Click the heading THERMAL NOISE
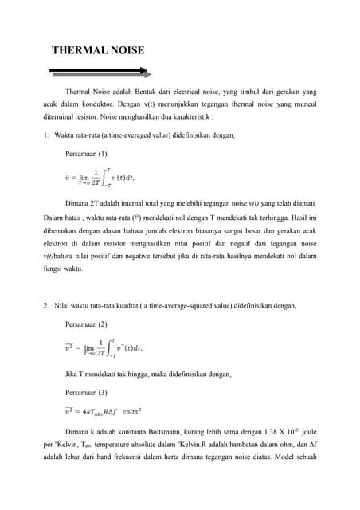98,50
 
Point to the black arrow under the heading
100,71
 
